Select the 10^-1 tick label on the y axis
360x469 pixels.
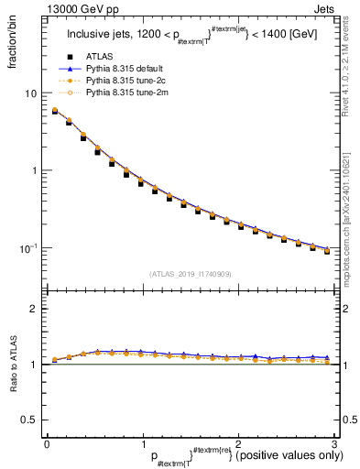pos(29,247)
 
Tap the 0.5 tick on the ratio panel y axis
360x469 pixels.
pos(29,420)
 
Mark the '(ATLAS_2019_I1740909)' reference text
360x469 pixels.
pos(190,274)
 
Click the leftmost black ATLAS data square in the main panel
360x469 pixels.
pos(55,112)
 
